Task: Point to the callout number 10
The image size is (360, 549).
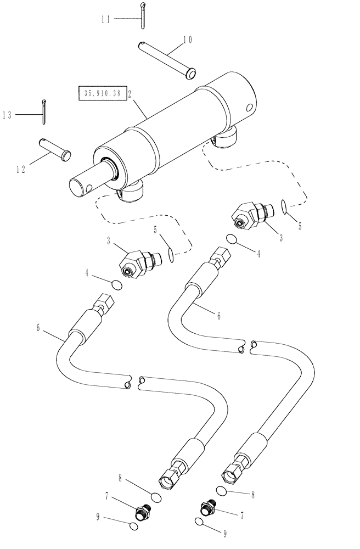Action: click(x=188, y=40)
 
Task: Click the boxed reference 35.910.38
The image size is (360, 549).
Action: click(x=103, y=94)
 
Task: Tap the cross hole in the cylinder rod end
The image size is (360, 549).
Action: click(x=88, y=191)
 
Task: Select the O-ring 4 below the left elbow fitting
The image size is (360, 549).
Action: click(x=116, y=284)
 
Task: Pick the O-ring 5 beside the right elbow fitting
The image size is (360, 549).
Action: click(x=283, y=206)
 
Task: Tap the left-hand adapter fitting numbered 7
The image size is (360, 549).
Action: click(x=143, y=513)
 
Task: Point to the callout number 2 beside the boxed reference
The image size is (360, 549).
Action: click(x=130, y=94)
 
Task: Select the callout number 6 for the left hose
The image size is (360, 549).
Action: click(x=38, y=328)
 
